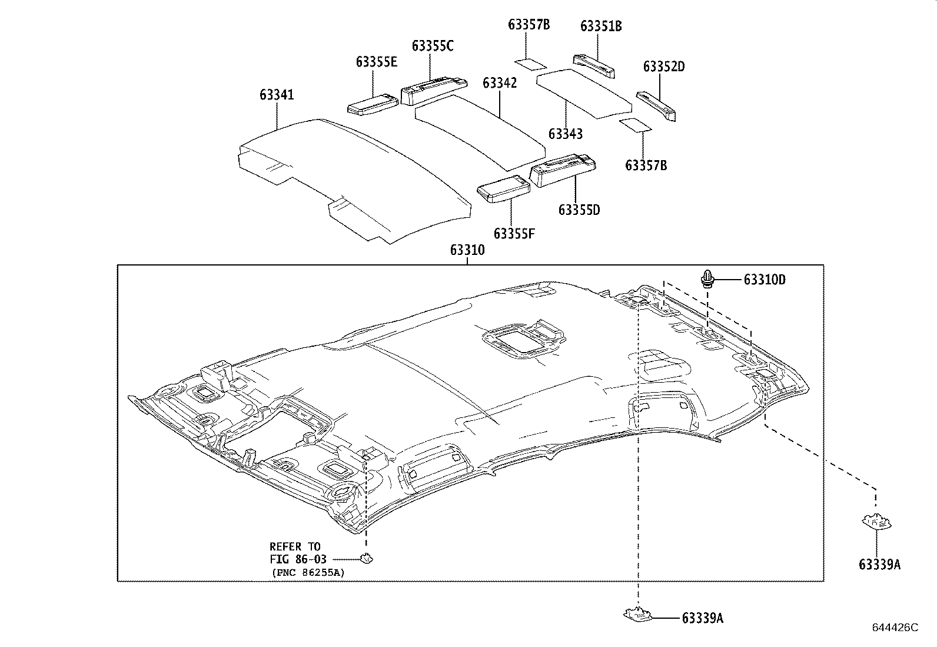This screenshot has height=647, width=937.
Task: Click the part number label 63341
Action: click(x=277, y=95)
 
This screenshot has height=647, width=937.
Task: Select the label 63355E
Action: click(x=377, y=62)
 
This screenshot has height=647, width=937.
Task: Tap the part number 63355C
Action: click(x=433, y=46)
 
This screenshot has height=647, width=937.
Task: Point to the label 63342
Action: click(x=500, y=83)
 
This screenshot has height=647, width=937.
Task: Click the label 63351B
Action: click(x=601, y=26)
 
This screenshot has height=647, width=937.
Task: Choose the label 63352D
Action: click(x=664, y=67)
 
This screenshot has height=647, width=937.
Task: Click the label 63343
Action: click(x=566, y=134)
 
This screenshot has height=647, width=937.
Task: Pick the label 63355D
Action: click(x=579, y=210)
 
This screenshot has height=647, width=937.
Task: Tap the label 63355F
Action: click(x=514, y=234)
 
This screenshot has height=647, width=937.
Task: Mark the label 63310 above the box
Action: click(x=467, y=250)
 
